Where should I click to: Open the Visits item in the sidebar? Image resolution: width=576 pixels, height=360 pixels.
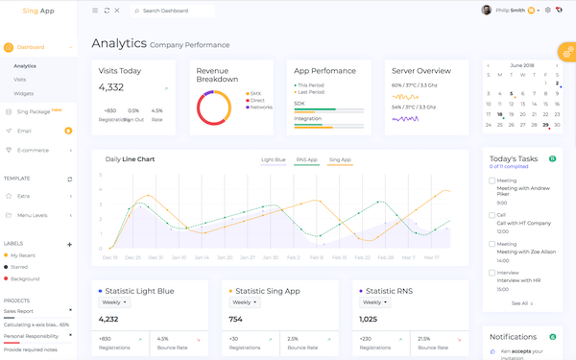(x=20, y=79)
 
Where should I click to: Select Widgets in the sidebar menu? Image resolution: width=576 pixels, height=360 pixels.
(x=23, y=93)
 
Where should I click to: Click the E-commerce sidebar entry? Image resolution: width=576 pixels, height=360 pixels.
(x=33, y=149)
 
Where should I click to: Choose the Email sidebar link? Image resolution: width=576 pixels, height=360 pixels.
(x=24, y=131)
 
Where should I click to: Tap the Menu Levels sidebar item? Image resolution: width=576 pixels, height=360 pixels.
(x=33, y=215)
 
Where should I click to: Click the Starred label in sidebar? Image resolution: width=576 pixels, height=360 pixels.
(x=19, y=266)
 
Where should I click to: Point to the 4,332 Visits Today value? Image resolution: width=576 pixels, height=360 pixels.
(x=111, y=87)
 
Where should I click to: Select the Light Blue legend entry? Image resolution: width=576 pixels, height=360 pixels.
(x=274, y=159)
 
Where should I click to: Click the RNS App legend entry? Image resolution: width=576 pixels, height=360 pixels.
(x=307, y=159)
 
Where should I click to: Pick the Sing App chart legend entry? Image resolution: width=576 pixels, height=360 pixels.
(x=340, y=159)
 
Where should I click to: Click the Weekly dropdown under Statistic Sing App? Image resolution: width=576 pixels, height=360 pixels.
(x=244, y=302)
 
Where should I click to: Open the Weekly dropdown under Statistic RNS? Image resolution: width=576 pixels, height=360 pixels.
(x=374, y=302)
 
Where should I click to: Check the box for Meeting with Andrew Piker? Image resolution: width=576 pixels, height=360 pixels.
(x=492, y=180)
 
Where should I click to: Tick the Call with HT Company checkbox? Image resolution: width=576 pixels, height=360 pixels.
(x=492, y=215)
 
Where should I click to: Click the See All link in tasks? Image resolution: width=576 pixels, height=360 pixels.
(x=520, y=303)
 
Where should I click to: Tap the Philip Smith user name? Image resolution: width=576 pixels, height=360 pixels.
(x=509, y=11)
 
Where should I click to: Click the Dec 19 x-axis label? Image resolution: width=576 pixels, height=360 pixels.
(x=110, y=257)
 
